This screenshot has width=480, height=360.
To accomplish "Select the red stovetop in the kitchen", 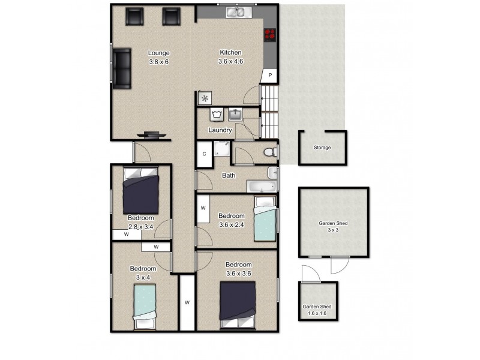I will (269, 35).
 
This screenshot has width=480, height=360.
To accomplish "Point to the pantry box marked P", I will (270, 75).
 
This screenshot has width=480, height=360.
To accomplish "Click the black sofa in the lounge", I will (122, 68).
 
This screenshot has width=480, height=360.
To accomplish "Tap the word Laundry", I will (220, 130).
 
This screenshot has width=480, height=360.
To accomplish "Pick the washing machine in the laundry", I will (216, 114).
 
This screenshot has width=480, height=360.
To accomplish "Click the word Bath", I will (229, 176).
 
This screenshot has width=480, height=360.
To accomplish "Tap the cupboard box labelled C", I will (204, 154).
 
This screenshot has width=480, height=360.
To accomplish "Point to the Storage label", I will (322, 148).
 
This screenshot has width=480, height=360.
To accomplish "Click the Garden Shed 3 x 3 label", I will (333, 226).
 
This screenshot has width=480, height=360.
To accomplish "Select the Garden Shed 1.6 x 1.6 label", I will (317, 310).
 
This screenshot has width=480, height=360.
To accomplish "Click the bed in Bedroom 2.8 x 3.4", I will (141, 189).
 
